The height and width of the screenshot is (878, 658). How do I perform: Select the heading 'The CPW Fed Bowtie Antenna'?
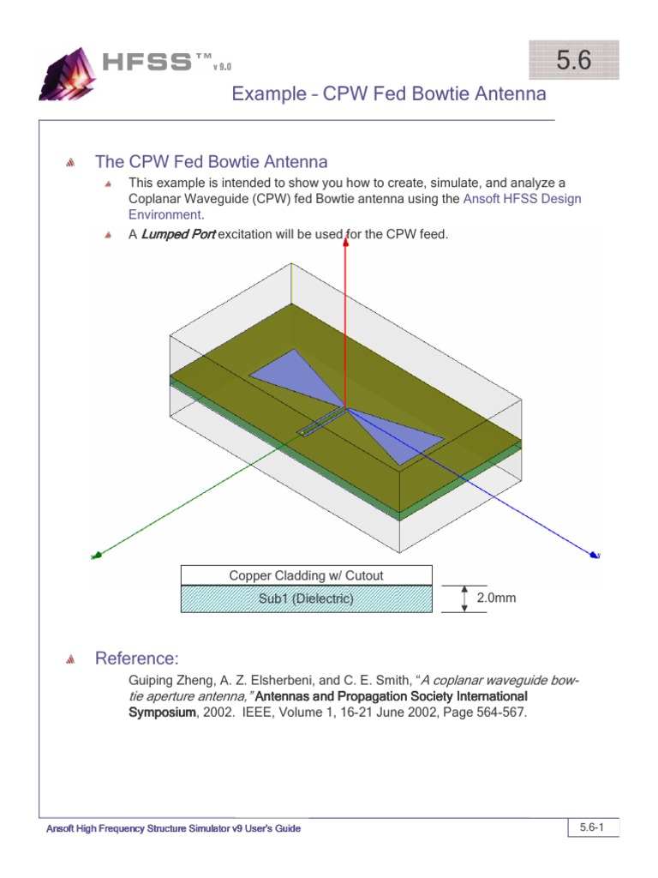[x=211, y=162]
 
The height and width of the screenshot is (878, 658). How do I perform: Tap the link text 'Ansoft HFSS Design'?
[x=521, y=199]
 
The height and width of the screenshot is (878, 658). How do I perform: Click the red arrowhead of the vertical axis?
[x=346, y=243]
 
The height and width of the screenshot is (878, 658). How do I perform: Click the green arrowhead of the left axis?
[x=99, y=556]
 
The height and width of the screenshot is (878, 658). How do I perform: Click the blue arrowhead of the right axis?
[x=592, y=555]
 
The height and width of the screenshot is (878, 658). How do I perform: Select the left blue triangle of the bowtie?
[x=287, y=376]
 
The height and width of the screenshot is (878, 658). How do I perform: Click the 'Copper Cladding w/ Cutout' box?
[x=306, y=575]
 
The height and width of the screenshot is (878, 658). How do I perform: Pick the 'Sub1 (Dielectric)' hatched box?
[x=306, y=598]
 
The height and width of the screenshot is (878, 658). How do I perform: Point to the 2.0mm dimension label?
[x=496, y=598]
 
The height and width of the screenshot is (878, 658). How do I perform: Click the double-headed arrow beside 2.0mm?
[x=464, y=598]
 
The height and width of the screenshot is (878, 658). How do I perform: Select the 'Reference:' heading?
[x=136, y=658]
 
